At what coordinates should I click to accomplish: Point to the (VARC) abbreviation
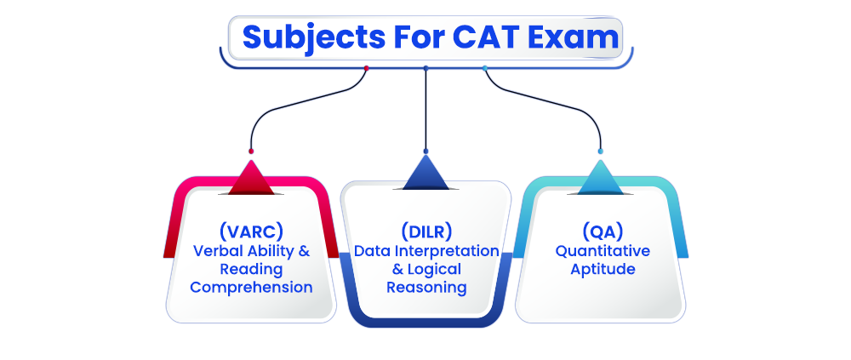click(251, 231)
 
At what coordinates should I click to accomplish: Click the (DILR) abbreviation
click(426, 231)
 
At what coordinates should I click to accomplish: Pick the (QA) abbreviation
click(603, 231)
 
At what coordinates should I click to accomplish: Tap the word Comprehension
click(251, 287)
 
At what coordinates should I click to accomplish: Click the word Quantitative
click(603, 251)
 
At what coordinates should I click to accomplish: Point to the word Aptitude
click(603, 269)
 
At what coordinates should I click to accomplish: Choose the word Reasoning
click(426, 287)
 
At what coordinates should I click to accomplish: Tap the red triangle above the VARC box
click(251, 180)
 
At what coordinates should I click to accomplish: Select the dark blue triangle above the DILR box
click(425, 174)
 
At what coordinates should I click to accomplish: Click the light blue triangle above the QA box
click(600, 180)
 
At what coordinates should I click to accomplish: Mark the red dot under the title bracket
click(366, 68)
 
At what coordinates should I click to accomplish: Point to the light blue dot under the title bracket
click(485, 68)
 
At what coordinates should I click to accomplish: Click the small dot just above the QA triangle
click(600, 151)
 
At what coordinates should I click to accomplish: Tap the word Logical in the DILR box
click(434, 269)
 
